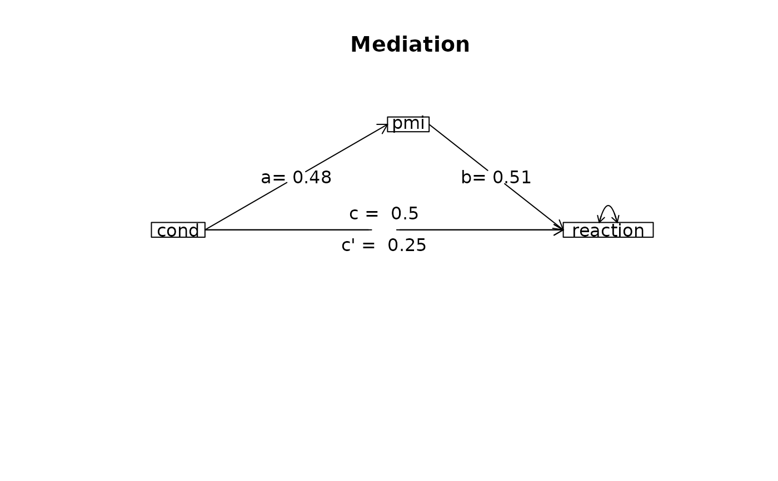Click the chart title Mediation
tap(410, 45)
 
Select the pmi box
tap(408, 124)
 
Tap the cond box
tap(178, 230)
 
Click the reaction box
tap(608, 230)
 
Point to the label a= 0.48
tap(296, 178)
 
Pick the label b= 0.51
tap(496, 178)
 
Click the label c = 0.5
tap(383, 214)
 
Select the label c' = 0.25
tap(383, 245)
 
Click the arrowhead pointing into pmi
tap(385, 127)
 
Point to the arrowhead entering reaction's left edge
tap(559, 229)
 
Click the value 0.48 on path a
tap(312, 178)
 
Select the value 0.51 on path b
tap(512, 178)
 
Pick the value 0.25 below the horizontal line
tap(407, 245)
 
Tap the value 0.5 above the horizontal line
tap(405, 214)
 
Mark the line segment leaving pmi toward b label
tap(458, 147)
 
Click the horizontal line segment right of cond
tap(289, 230)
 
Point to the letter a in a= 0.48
tap(266, 178)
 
